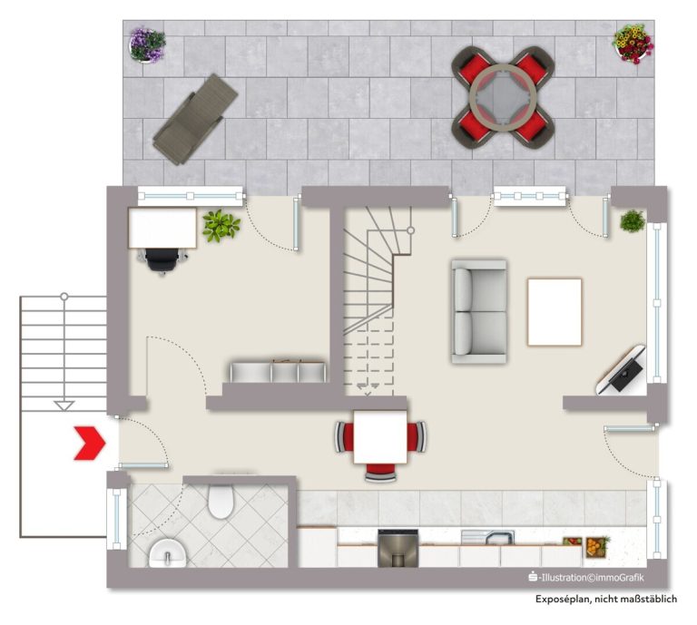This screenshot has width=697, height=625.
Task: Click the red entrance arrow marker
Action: [90, 443]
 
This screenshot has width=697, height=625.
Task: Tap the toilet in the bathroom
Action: [221, 502]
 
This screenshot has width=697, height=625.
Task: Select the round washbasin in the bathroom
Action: [167, 553]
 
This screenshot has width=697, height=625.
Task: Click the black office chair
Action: [162, 259]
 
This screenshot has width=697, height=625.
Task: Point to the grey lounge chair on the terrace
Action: [195, 119]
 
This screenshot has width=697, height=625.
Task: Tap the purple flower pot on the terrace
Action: [147, 44]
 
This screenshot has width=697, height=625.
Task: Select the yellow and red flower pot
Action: [633, 44]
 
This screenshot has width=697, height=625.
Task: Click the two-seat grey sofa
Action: [479, 312]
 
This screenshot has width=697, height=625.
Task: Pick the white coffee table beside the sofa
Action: [555, 312]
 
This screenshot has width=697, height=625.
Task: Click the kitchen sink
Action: [488, 538]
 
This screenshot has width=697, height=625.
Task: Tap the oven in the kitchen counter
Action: [398, 548]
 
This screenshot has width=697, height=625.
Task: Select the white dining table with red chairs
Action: [380, 437]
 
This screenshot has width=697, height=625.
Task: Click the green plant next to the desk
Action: [221, 226]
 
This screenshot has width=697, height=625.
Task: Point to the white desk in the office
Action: [162, 228]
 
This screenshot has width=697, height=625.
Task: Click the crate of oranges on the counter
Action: [595, 547]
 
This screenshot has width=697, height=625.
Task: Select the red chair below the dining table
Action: [380, 473]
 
